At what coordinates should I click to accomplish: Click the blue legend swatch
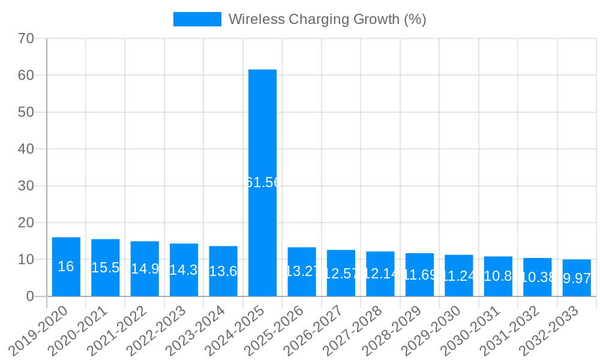click(x=197, y=19)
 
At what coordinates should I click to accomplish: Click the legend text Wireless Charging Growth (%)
click(x=327, y=19)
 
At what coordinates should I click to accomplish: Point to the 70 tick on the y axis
click(x=26, y=38)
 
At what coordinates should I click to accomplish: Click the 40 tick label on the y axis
click(x=26, y=149)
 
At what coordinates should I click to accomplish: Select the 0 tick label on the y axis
click(x=30, y=296)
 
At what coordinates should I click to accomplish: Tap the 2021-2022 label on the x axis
click(x=118, y=331)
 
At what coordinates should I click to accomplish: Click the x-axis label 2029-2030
click(x=431, y=331)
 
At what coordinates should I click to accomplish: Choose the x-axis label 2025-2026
click(x=275, y=331)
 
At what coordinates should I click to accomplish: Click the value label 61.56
click(x=263, y=183)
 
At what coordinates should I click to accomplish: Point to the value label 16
click(x=66, y=267)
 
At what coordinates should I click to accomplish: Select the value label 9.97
click(x=577, y=278)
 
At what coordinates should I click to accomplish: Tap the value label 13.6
click(x=223, y=271)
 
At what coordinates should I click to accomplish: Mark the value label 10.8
click(x=498, y=276)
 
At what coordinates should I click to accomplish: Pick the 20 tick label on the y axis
click(x=26, y=223)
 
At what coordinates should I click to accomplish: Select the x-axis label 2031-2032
click(x=510, y=331)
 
